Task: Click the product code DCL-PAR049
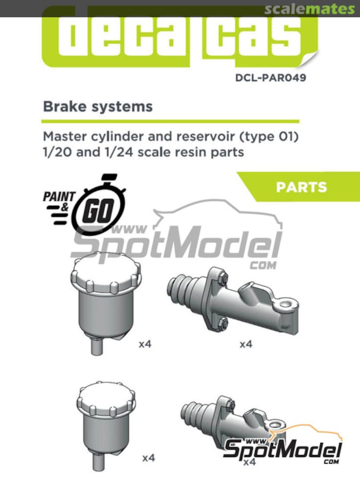pos(271,78)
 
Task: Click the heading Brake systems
pos(97,107)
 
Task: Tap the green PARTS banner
pos(301,187)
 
